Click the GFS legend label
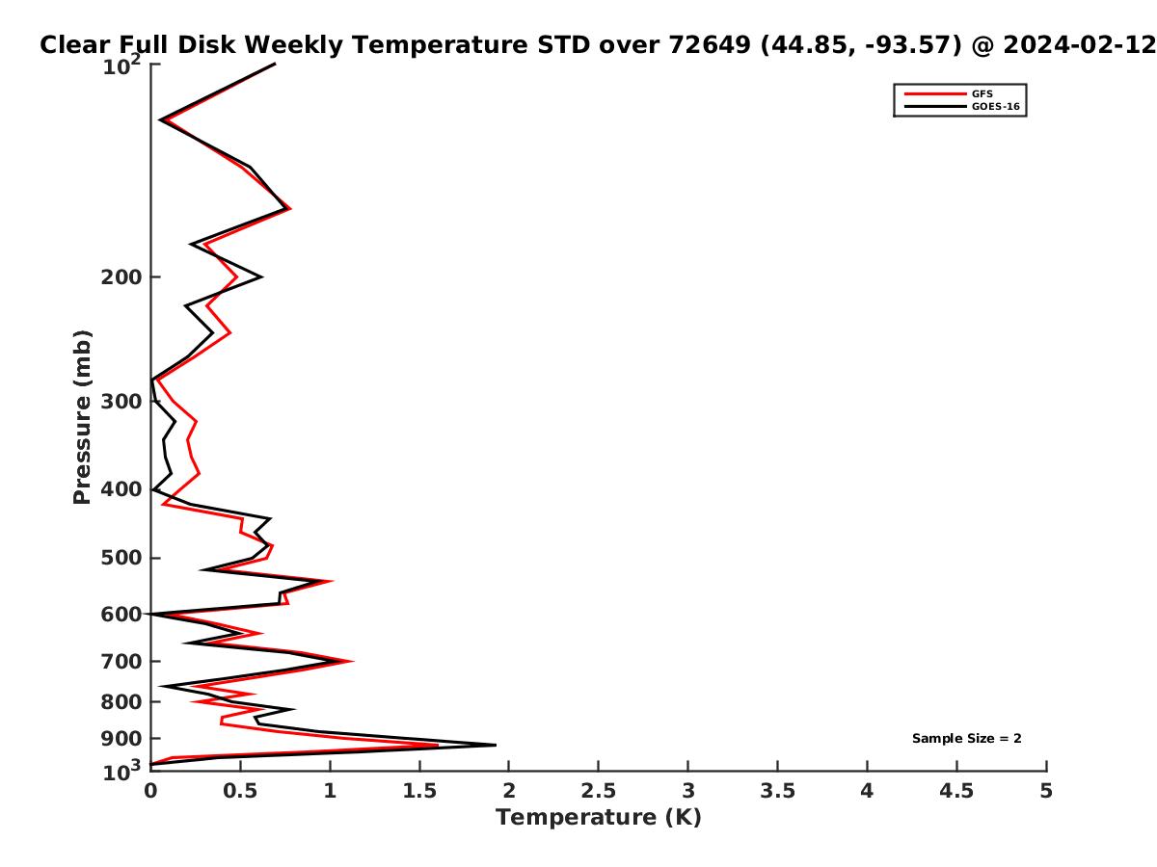click(x=982, y=93)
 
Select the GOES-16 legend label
click(x=995, y=106)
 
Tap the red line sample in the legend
click(x=935, y=94)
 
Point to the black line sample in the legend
click(x=935, y=107)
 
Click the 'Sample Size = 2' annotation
click(x=966, y=739)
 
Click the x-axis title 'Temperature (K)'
click(x=599, y=818)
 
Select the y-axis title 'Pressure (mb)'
click(x=82, y=417)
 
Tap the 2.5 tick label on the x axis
click(x=599, y=791)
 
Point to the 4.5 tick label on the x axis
click(x=956, y=791)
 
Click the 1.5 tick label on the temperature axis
click(x=419, y=791)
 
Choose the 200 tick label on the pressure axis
click(x=121, y=276)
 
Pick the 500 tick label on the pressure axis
click(x=121, y=558)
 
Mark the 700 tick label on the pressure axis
click(x=121, y=661)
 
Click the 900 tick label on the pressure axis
click(x=121, y=739)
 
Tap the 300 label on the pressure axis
click(x=121, y=402)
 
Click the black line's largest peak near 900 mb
click(x=495, y=745)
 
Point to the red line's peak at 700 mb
click(x=352, y=661)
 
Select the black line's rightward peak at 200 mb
click(x=261, y=276)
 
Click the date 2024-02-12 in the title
click(x=1079, y=45)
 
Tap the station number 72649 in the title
click(x=710, y=45)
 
